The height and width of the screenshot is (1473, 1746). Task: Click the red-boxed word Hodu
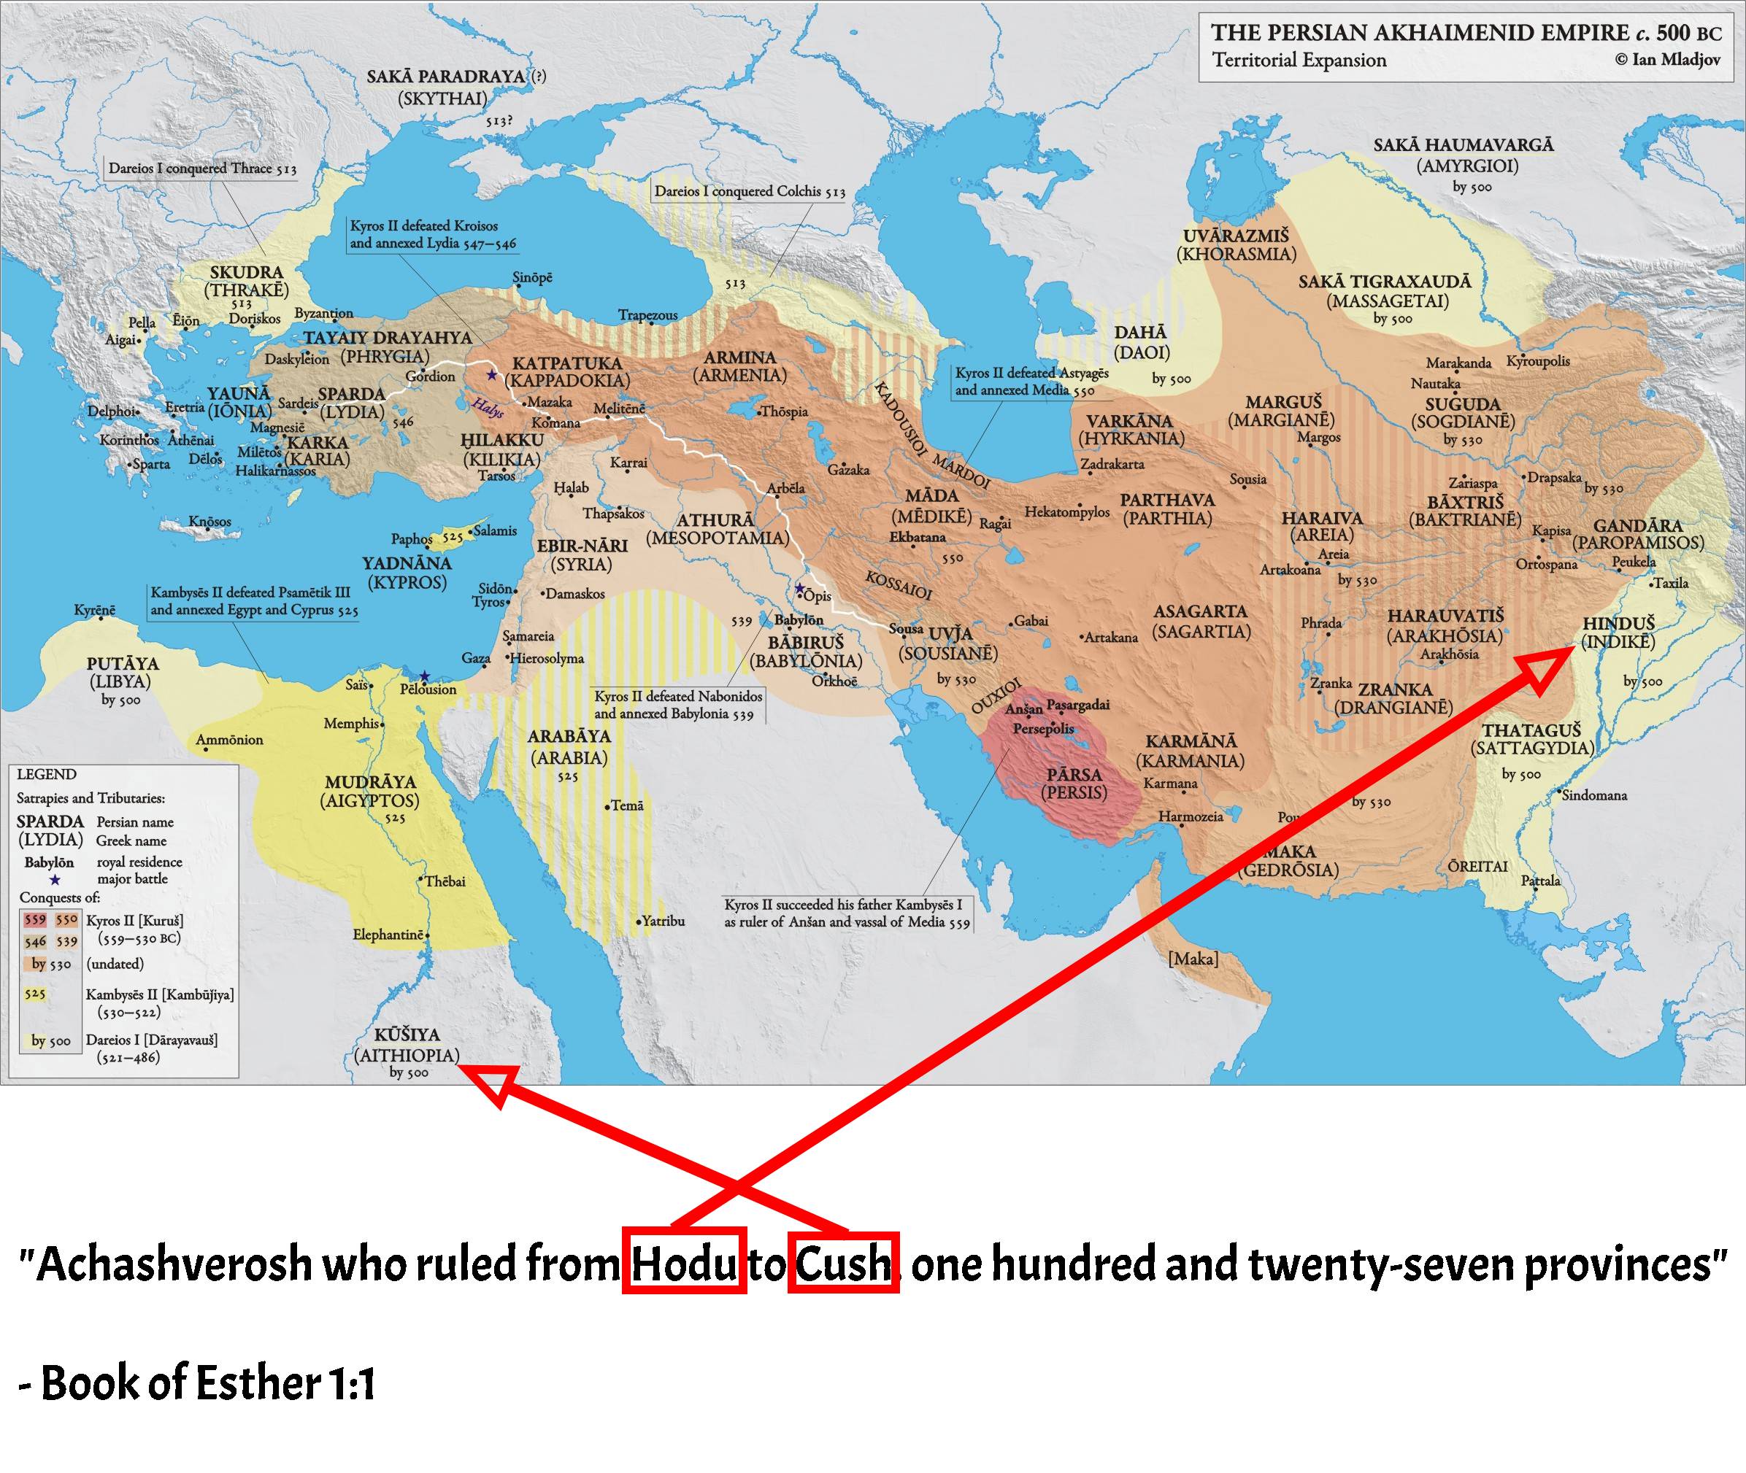(x=684, y=1263)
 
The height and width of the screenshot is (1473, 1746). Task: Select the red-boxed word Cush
(x=843, y=1263)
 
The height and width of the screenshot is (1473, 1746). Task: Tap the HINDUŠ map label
(x=1618, y=624)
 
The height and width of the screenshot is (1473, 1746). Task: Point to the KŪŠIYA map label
(x=407, y=1035)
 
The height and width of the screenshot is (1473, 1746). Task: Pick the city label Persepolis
(x=1043, y=729)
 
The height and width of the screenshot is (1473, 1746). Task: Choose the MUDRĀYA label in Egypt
(x=370, y=781)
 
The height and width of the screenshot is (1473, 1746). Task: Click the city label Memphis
(x=352, y=723)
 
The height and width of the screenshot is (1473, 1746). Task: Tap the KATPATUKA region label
(x=567, y=363)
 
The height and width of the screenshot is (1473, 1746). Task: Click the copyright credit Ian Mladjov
(x=1666, y=59)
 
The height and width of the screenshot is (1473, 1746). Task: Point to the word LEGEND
(x=47, y=774)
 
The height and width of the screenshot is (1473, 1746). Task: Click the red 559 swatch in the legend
(x=35, y=920)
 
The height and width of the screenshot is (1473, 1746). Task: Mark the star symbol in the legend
(x=55, y=879)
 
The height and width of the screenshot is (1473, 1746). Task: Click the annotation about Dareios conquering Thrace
(x=202, y=169)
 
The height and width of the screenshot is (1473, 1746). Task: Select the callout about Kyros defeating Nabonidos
(x=677, y=705)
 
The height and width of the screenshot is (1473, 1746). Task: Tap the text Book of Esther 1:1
(x=197, y=1383)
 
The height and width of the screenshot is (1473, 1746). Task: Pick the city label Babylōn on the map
(x=799, y=619)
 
